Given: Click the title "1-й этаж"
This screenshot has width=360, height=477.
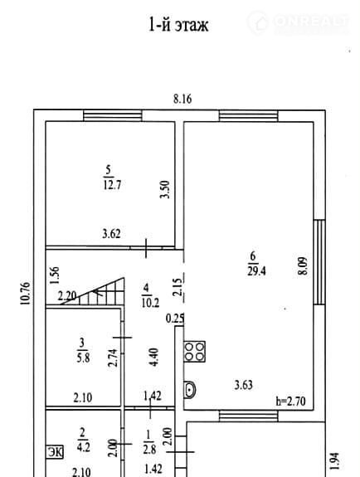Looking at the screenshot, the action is tap(178, 24).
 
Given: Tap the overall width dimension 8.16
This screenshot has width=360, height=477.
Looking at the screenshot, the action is tap(182, 100).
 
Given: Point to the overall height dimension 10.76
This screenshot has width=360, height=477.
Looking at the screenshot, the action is tap(25, 294).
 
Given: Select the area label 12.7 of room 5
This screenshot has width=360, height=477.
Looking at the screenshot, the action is tap(112, 185).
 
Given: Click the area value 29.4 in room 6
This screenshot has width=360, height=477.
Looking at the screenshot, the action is tap(256, 270).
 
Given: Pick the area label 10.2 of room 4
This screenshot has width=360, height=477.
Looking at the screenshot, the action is tap(150, 303).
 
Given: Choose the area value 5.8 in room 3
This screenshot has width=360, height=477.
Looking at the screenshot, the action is tap(83, 358).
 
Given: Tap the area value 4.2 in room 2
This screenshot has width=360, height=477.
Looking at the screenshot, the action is tap(84, 447).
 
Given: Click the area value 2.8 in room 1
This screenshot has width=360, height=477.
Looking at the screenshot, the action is tap(149, 450).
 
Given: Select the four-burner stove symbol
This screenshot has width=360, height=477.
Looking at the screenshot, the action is tap(194, 352).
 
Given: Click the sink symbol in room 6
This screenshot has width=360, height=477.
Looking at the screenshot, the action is tap(190, 389).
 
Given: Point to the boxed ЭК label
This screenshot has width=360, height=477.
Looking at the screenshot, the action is tap(55, 452).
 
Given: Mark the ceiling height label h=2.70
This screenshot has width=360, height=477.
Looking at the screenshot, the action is tap(290, 402).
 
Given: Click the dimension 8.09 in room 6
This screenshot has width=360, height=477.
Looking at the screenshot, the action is tap(303, 266).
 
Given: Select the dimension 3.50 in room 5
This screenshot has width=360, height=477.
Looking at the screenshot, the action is tap(164, 189).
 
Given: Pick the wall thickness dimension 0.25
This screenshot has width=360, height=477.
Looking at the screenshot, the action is tap(175, 319).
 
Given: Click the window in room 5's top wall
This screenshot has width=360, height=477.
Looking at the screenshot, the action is tap(113, 116).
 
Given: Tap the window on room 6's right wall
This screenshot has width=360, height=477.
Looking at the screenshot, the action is tap(319, 262).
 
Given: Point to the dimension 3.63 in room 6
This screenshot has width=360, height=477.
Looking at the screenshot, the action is tap(244, 385).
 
